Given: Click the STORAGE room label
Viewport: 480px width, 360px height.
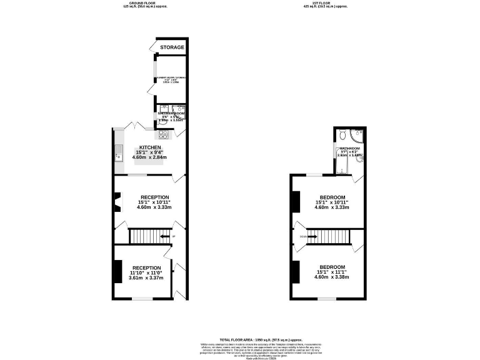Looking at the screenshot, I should coord(171,47).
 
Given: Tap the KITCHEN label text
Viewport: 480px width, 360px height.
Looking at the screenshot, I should coord(150,147).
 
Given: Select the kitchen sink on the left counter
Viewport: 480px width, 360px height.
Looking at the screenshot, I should coord(117,152).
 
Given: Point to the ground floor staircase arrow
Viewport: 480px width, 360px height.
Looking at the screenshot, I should coord(164,236).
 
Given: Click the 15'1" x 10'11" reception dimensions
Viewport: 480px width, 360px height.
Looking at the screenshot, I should coord(154,202).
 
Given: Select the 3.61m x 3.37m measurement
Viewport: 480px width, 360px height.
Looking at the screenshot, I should coord(146,278).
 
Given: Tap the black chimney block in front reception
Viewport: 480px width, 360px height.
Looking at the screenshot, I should coord(117,271).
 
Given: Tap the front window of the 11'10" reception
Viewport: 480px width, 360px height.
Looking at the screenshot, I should coord(142,299).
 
